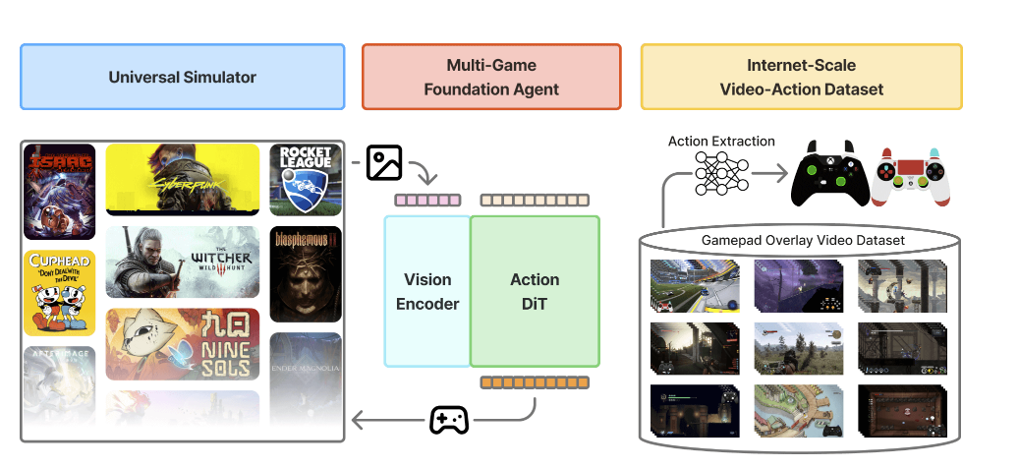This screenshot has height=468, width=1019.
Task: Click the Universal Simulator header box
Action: tap(182, 77)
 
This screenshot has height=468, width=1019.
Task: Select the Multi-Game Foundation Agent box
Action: tap(491, 77)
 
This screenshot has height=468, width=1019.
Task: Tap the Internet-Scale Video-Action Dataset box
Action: tap(801, 77)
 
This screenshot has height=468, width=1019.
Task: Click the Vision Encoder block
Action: tap(427, 292)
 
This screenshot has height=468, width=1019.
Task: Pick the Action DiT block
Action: tap(535, 292)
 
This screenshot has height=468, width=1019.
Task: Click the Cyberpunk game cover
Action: tap(183, 180)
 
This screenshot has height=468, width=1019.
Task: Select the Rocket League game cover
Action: tap(305, 180)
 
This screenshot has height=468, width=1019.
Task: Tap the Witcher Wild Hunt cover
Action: tap(183, 262)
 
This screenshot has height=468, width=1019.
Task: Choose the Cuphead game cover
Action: tap(60, 293)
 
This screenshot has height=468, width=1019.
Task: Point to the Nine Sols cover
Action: tap(183, 343)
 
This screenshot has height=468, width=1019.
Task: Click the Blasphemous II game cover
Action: tap(305, 274)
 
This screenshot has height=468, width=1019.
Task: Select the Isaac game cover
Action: tap(60, 192)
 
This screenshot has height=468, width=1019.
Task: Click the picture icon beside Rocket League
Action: tap(384, 163)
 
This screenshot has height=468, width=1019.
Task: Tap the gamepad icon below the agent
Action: tap(449, 421)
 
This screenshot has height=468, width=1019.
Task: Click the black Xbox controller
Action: tap(830, 173)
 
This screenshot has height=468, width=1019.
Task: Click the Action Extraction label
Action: tap(721, 142)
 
